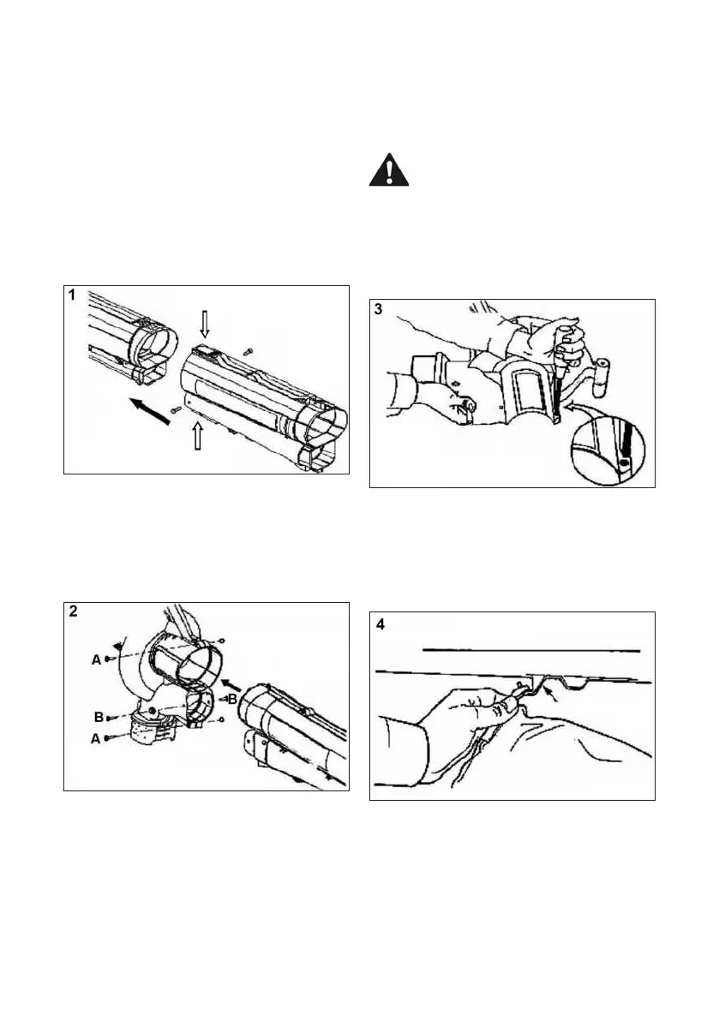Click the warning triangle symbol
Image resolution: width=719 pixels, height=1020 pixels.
click(x=388, y=171)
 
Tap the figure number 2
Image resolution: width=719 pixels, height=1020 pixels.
click(x=75, y=611)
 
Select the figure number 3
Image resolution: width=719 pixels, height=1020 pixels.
click(x=380, y=309)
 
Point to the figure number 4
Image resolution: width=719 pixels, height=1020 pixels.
click(x=380, y=624)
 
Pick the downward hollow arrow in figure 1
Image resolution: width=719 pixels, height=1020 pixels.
click(x=203, y=324)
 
